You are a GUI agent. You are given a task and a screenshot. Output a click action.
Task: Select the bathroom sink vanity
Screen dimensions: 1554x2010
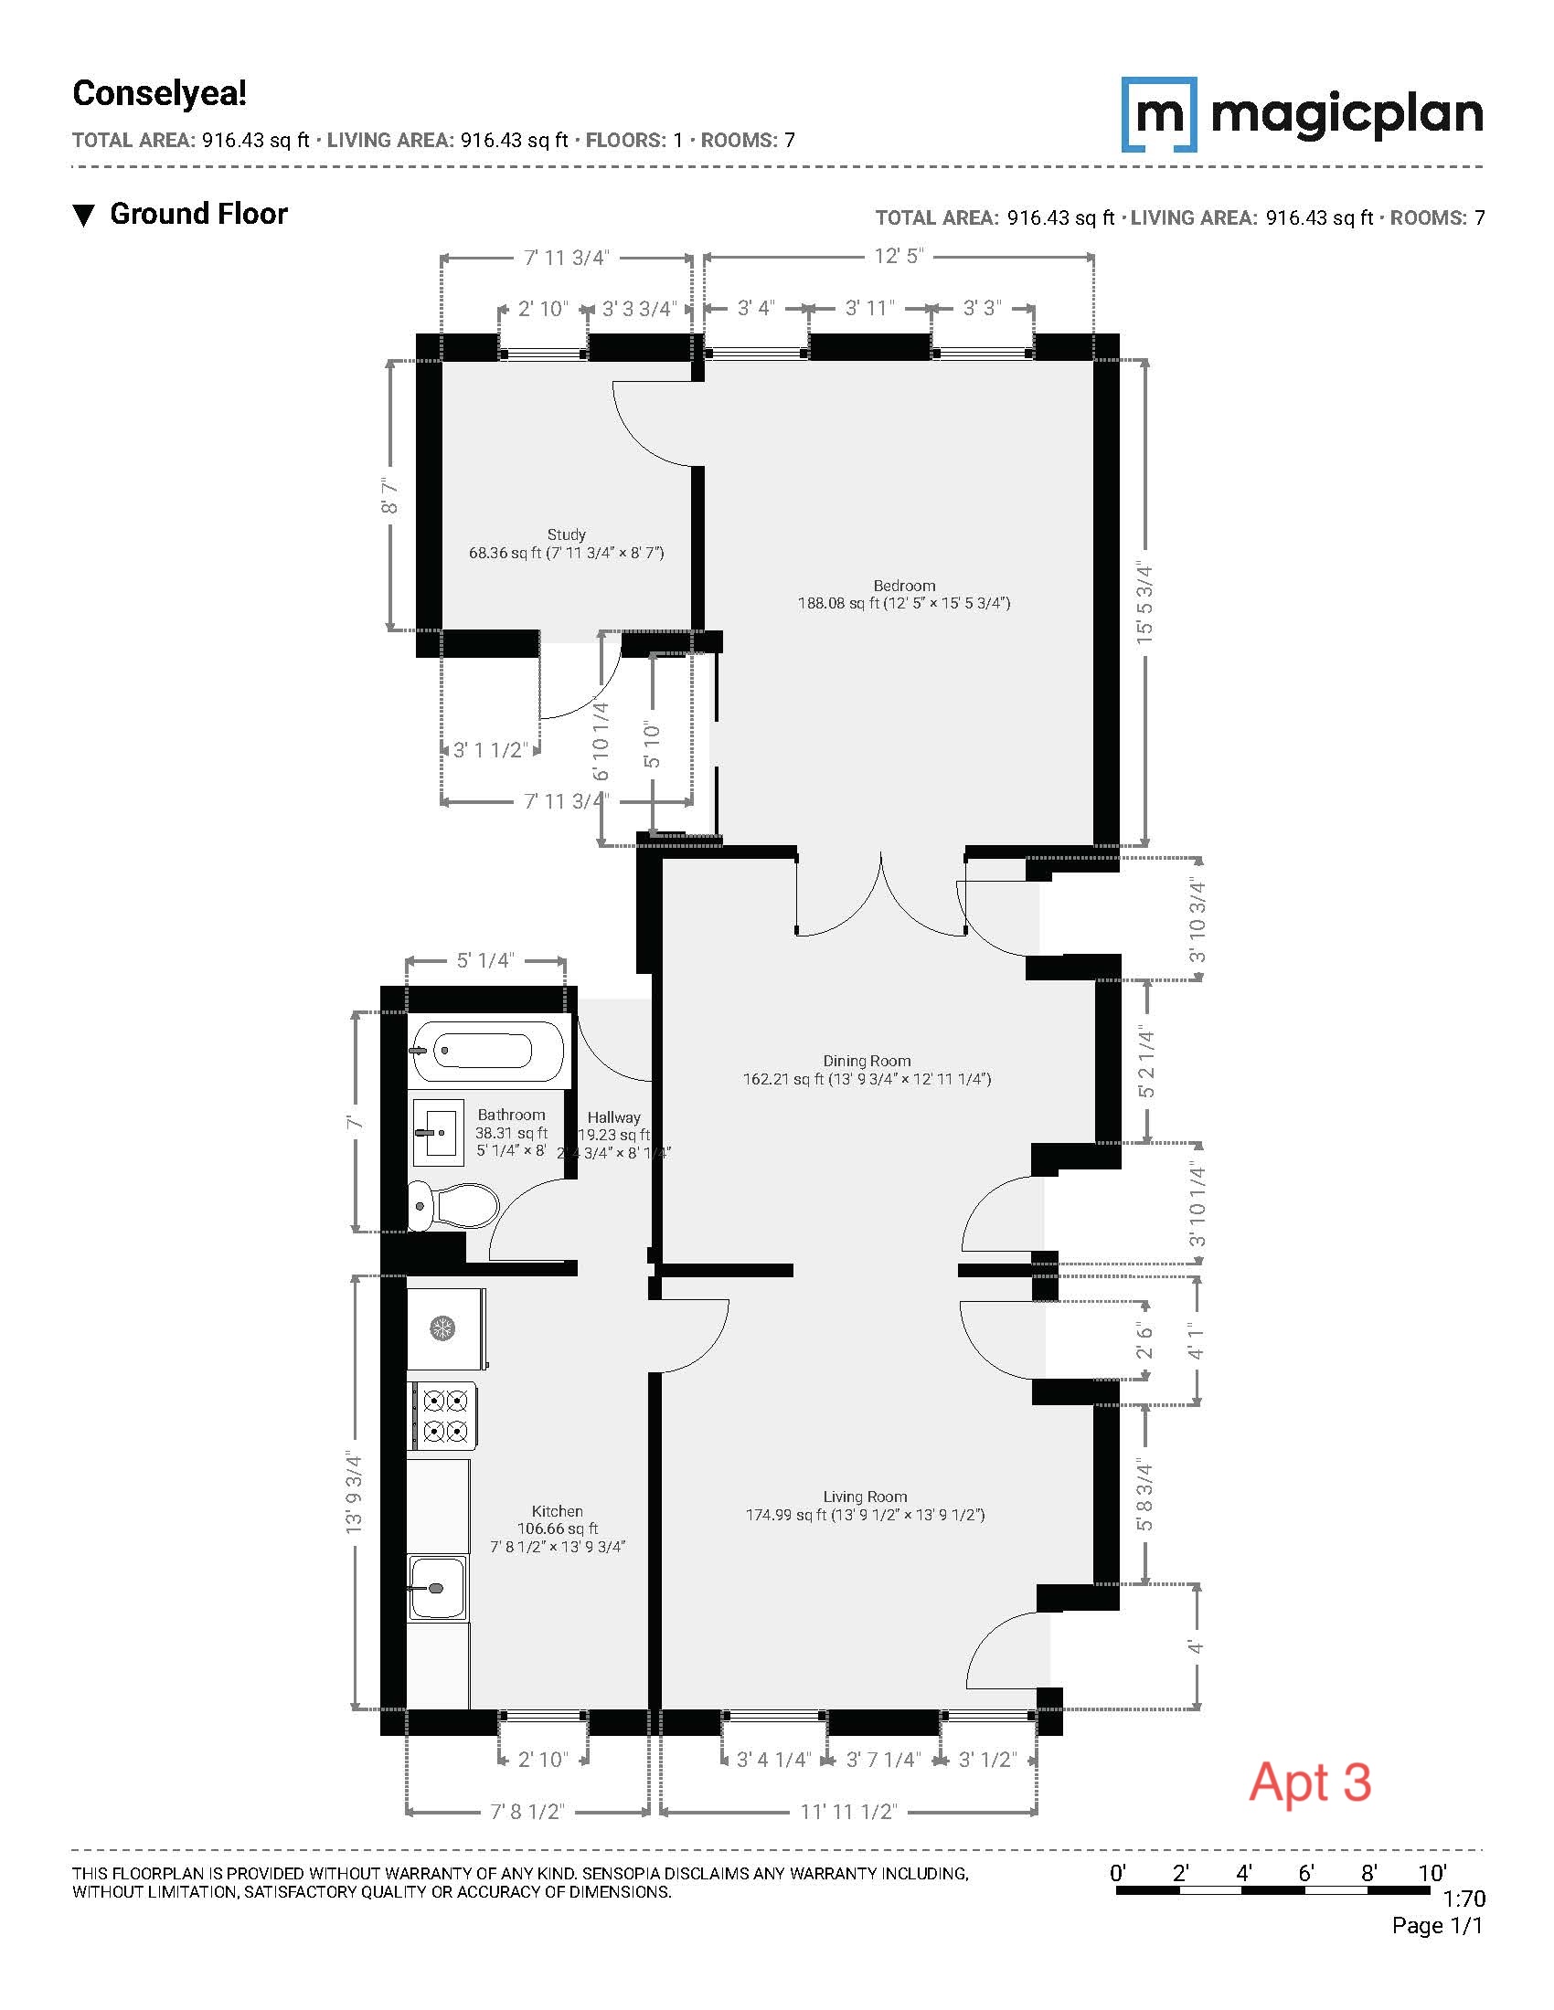click(437, 1132)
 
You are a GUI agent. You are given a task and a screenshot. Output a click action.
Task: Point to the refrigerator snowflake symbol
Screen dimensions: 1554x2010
click(442, 1328)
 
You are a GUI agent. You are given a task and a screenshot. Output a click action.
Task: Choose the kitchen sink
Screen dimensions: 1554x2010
click(437, 1587)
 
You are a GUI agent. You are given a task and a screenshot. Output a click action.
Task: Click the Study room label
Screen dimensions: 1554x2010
click(566, 534)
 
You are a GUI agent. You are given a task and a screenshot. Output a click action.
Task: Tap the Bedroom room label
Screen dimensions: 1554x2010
click(904, 586)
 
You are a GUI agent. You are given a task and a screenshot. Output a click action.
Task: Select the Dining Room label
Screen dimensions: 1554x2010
click(867, 1061)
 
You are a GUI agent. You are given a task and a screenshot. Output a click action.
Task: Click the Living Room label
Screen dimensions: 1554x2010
click(865, 1497)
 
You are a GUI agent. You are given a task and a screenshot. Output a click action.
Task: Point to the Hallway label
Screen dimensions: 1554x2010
click(614, 1117)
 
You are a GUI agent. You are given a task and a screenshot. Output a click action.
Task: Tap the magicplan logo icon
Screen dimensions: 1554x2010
click(1159, 114)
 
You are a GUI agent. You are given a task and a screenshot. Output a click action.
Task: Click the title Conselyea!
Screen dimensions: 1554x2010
click(159, 93)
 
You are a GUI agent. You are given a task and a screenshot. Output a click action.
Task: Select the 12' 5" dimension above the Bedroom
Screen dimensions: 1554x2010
click(898, 256)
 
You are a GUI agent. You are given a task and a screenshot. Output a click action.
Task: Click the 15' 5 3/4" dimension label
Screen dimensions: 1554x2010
click(1144, 602)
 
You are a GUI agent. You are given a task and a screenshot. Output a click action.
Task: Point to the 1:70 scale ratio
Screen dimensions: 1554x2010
click(1463, 1899)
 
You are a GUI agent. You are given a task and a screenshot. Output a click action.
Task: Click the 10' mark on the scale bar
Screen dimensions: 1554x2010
click(1432, 1873)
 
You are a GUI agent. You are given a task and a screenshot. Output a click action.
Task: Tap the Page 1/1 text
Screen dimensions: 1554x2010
click(1437, 1925)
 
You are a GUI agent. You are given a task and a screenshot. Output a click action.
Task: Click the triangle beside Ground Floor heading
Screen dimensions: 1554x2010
click(84, 217)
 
